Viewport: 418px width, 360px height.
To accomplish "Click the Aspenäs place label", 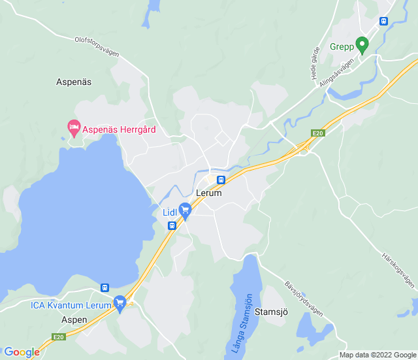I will point(74,82).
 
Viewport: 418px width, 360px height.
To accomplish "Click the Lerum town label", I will point(208,193).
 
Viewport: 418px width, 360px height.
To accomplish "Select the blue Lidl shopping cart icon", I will point(185,210).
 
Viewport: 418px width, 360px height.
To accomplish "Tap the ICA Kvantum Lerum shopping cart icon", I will point(120,303).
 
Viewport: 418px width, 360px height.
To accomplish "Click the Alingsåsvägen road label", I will point(337,73).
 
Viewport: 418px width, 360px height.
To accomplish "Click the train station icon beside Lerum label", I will point(221,180).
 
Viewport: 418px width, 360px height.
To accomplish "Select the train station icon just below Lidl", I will point(172,225).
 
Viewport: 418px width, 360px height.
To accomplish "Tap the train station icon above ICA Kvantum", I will point(104,287).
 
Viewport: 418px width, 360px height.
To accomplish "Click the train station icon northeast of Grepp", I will point(383,20).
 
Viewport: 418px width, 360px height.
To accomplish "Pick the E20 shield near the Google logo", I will point(59,337).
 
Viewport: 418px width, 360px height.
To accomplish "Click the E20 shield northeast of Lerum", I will point(317,133).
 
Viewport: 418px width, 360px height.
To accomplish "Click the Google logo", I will point(22,352).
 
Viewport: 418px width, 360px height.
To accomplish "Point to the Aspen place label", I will point(74,320).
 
